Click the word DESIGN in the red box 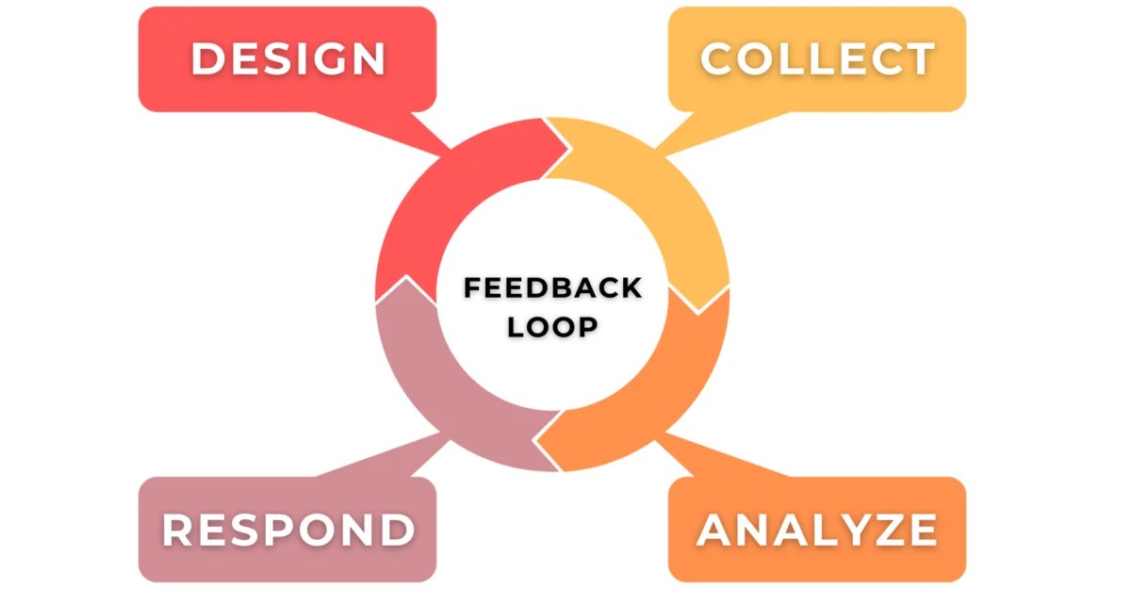tap(287, 58)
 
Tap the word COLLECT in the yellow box tap(816, 58)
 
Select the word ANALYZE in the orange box tap(816, 530)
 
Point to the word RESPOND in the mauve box tap(287, 530)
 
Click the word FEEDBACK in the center tap(552, 287)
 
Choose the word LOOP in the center tap(552, 327)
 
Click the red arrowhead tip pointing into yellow tap(568, 148)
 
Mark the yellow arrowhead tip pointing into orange tap(697, 310)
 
